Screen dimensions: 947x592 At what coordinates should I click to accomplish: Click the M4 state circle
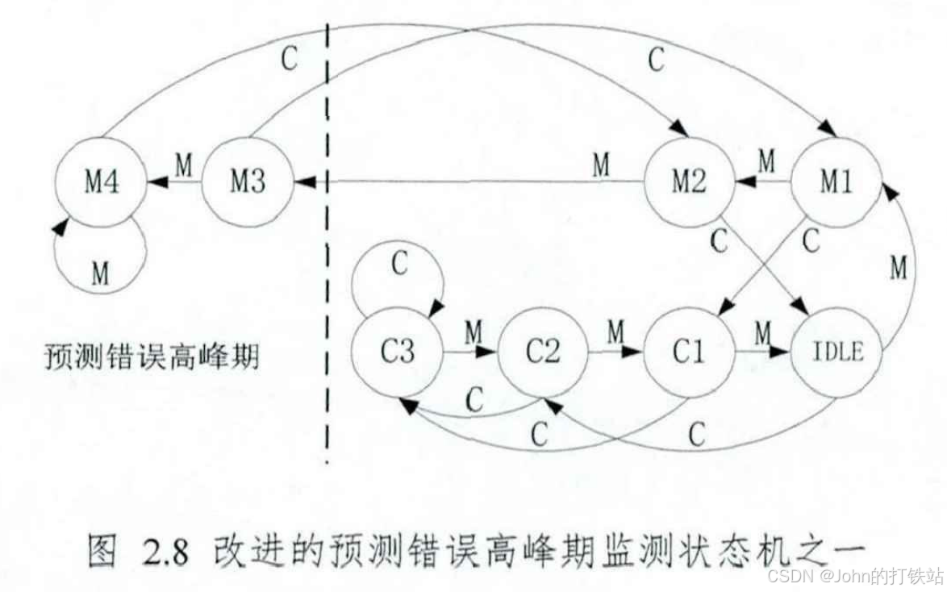click(101, 184)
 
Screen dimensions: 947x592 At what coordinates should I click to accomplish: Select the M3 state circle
click(247, 184)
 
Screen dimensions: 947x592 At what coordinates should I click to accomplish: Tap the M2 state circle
click(688, 184)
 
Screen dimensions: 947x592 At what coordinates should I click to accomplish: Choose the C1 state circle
click(688, 354)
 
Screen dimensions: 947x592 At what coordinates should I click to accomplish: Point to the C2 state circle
click(542, 354)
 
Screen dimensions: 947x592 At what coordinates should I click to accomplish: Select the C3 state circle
click(397, 354)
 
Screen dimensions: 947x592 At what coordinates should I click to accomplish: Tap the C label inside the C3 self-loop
click(399, 267)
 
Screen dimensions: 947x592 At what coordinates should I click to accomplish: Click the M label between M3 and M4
click(184, 167)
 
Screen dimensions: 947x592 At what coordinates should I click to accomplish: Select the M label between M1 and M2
click(766, 163)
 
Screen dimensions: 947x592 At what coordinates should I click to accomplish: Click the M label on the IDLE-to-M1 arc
click(899, 269)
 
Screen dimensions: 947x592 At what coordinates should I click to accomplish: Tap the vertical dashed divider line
click(327, 242)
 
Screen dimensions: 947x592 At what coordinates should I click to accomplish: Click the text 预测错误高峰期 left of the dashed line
click(152, 356)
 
